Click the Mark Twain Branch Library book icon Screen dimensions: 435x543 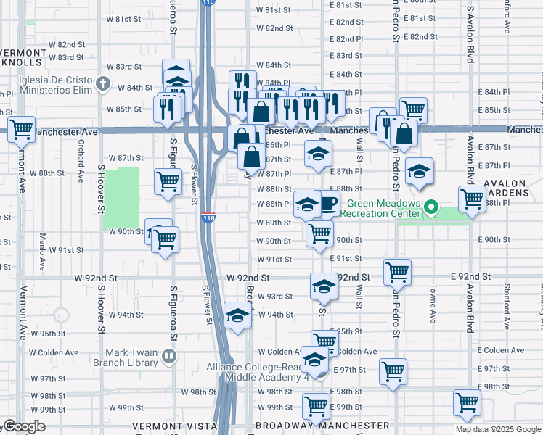click(169, 355)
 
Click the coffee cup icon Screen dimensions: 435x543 click(328, 203)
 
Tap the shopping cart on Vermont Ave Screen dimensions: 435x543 click(21, 130)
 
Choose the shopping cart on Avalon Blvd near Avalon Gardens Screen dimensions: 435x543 click(473, 198)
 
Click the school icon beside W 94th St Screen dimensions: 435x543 click(237, 315)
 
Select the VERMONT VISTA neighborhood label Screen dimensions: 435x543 click(172, 426)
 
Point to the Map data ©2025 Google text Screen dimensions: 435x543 click(498, 429)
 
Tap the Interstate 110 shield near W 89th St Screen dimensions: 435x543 click(208, 217)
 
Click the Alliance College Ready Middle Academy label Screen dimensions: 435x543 click(266, 373)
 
